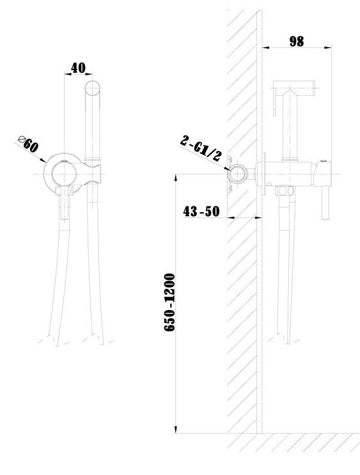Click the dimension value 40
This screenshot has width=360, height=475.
click(x=78, y=68)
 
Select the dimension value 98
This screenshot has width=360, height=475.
click(x=297, y=42)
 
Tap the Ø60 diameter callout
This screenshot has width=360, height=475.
click(x=29, y=144)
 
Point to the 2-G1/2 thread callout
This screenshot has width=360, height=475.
click(x=201, y=148)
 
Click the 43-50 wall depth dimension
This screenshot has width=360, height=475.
click(x=201, y=211)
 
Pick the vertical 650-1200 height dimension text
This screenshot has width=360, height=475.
click(x=169, y=302)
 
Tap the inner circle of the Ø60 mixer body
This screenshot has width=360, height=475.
click(x=64, y=174)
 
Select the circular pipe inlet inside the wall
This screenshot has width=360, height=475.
click(x=238, y=174)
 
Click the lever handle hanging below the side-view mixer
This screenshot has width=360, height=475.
click(x=325, y=203)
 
